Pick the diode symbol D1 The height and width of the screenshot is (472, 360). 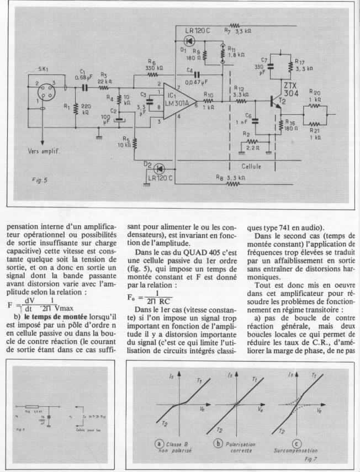point(190,41)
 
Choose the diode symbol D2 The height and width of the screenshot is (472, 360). point(160,168)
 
